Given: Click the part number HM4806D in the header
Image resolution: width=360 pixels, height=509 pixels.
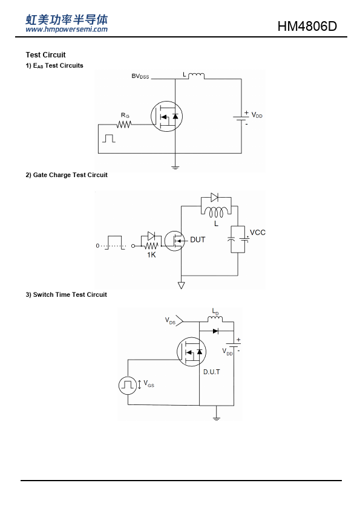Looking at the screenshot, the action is point(307,26).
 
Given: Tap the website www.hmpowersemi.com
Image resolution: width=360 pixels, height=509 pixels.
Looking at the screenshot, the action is point(67,30).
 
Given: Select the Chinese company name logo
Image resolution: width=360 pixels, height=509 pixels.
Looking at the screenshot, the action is point(67,19).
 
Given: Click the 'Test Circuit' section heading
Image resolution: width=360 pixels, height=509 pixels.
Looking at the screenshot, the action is point(45,55).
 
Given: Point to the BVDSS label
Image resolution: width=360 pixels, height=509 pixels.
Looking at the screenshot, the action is point(140,76).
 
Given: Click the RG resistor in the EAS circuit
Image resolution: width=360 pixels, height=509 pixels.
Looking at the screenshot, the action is point(124,125).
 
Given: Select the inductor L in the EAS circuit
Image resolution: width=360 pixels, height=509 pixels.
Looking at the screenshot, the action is point(196,76).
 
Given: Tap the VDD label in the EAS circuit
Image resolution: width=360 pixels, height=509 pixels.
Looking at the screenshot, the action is point(257,115).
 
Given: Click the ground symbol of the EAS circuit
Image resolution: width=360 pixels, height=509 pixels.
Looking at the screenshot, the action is point(175,168).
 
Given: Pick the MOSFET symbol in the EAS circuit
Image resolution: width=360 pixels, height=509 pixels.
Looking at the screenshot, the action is point(166,116).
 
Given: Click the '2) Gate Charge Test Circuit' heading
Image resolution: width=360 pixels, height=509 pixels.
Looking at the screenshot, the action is point(67,175).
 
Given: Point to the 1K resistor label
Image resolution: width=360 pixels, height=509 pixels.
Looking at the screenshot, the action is point(151,255).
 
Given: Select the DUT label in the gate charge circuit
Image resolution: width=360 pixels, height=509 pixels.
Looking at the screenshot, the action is point(197,239).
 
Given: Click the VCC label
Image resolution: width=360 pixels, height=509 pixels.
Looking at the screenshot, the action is point(258,232).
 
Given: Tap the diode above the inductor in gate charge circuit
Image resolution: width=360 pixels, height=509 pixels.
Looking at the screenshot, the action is point(214,197).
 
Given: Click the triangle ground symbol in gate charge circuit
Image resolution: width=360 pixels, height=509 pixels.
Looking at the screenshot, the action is point(182,285).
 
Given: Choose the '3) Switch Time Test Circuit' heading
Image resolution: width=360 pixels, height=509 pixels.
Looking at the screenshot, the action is point(67,295).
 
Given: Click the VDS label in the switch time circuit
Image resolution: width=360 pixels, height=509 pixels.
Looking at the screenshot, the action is point(170,321).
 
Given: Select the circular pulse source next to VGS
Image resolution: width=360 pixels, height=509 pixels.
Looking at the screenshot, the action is point(128,385).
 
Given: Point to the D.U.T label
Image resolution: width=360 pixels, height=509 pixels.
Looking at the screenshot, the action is point(212,372).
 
